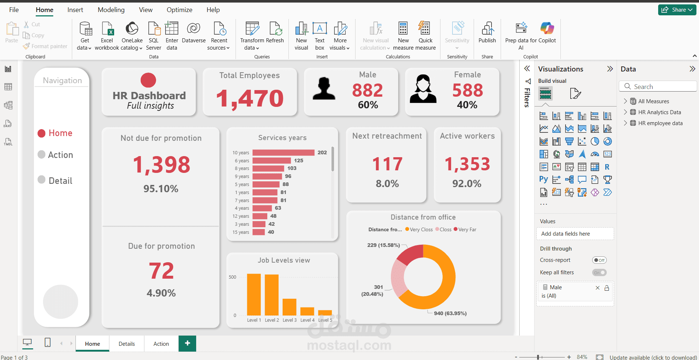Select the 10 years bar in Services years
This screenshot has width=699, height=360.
point(283,152)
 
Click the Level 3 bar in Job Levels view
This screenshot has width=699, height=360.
point(290,307)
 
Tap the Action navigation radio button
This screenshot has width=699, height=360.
point(42,155)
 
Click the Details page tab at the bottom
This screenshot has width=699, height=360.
point(127,344)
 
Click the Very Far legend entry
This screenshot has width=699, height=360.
point(465,229)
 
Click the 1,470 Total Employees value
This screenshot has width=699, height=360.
point(250,98)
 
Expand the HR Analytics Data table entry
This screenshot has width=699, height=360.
point(625,112)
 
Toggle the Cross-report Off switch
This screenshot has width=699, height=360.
point(599,260)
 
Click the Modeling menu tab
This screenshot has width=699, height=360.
point(111,10)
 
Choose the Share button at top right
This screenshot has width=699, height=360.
point(677,10)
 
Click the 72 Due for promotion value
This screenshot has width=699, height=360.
point(161,271)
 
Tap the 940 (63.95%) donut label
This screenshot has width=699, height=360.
point(450,313)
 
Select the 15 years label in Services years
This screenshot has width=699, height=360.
point(241,232)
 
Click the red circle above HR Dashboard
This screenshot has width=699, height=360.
point(148,80)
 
